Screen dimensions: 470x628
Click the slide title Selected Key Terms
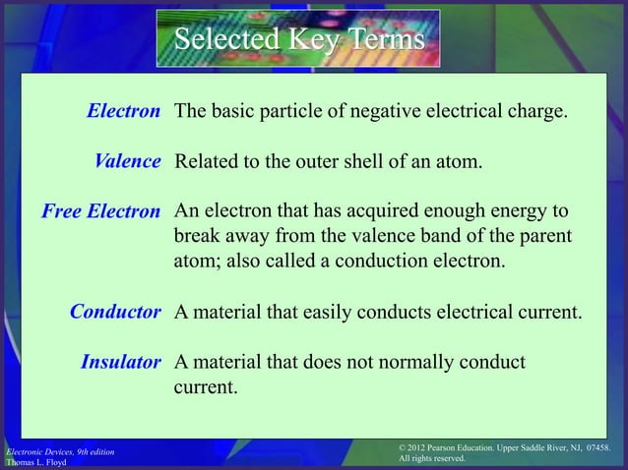click(x=300, y=40)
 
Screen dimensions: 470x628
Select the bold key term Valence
click(x=127, y=161)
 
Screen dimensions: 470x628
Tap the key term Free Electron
click(x=99, y=211)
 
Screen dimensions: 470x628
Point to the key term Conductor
click(x=115, y=314)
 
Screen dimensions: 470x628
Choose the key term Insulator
click(x=120, y=363)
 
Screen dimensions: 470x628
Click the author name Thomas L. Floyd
click(x=36, y=461)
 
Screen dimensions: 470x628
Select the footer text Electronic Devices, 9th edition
click(x=59, y=450)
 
